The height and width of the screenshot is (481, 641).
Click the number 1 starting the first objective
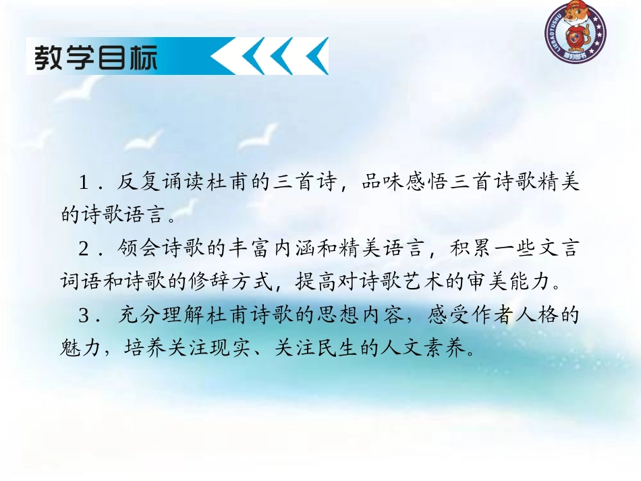click(84, 183)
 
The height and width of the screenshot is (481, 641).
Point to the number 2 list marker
click(84, 249)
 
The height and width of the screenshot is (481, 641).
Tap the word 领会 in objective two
click(139, 249)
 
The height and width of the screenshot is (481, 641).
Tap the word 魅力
click(79, 349)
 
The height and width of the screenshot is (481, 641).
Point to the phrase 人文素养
click(436, 349)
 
